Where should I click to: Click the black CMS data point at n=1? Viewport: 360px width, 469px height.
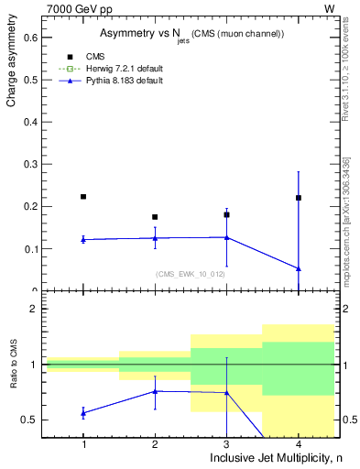click(x=83, y=197)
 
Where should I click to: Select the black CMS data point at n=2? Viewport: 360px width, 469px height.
click(x=155, y=217)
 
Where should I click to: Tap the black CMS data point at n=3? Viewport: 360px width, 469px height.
click(x=226, y=214)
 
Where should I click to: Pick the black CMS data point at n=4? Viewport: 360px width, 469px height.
click(x=298, y=198)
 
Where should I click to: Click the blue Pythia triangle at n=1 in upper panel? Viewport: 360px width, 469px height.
click(x=83, y=239)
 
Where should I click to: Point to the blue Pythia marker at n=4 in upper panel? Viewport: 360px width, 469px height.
click(x=298, y=268)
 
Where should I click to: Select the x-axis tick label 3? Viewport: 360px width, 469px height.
click(x=226, y=443)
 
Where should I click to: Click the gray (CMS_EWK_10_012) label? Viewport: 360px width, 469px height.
click(x=191, y=274)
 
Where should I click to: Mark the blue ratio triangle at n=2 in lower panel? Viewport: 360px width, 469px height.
click(x=155, y=391)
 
